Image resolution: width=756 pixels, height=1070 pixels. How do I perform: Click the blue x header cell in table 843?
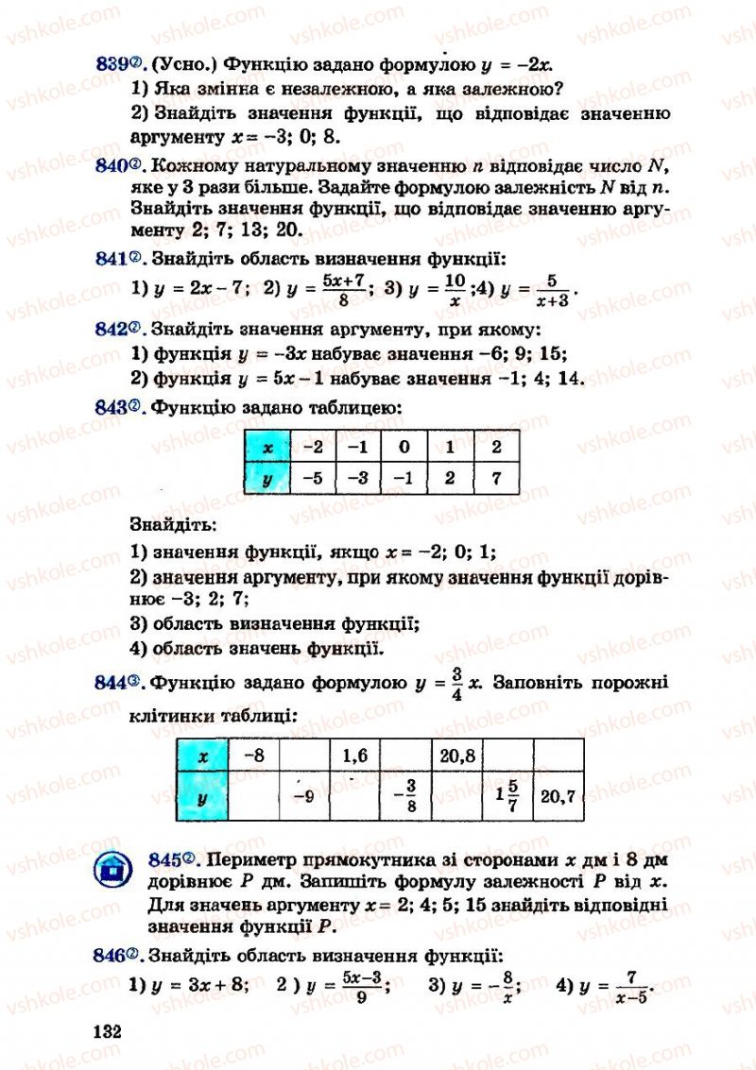click(x=267, y=448)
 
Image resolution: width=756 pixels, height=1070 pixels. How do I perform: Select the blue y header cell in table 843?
click(x=267, y=478)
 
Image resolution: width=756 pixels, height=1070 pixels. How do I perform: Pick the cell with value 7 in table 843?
click(x=496, y=478)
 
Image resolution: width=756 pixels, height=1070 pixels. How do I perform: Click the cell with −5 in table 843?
click(x=313, y=478)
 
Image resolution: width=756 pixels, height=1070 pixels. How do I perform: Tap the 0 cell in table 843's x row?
click(x=404, y=448)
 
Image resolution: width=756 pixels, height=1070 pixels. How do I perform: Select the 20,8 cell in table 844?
click(x=456, y=756)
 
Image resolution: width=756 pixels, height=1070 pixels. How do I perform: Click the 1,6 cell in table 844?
click(x=353, y=756)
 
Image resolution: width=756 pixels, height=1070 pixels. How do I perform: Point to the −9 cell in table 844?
click(x=302, y=796)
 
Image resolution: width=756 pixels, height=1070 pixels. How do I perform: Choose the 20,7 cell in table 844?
click(x=558, y=796)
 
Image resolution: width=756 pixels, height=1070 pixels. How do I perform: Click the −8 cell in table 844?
click(x=253, y=756)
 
